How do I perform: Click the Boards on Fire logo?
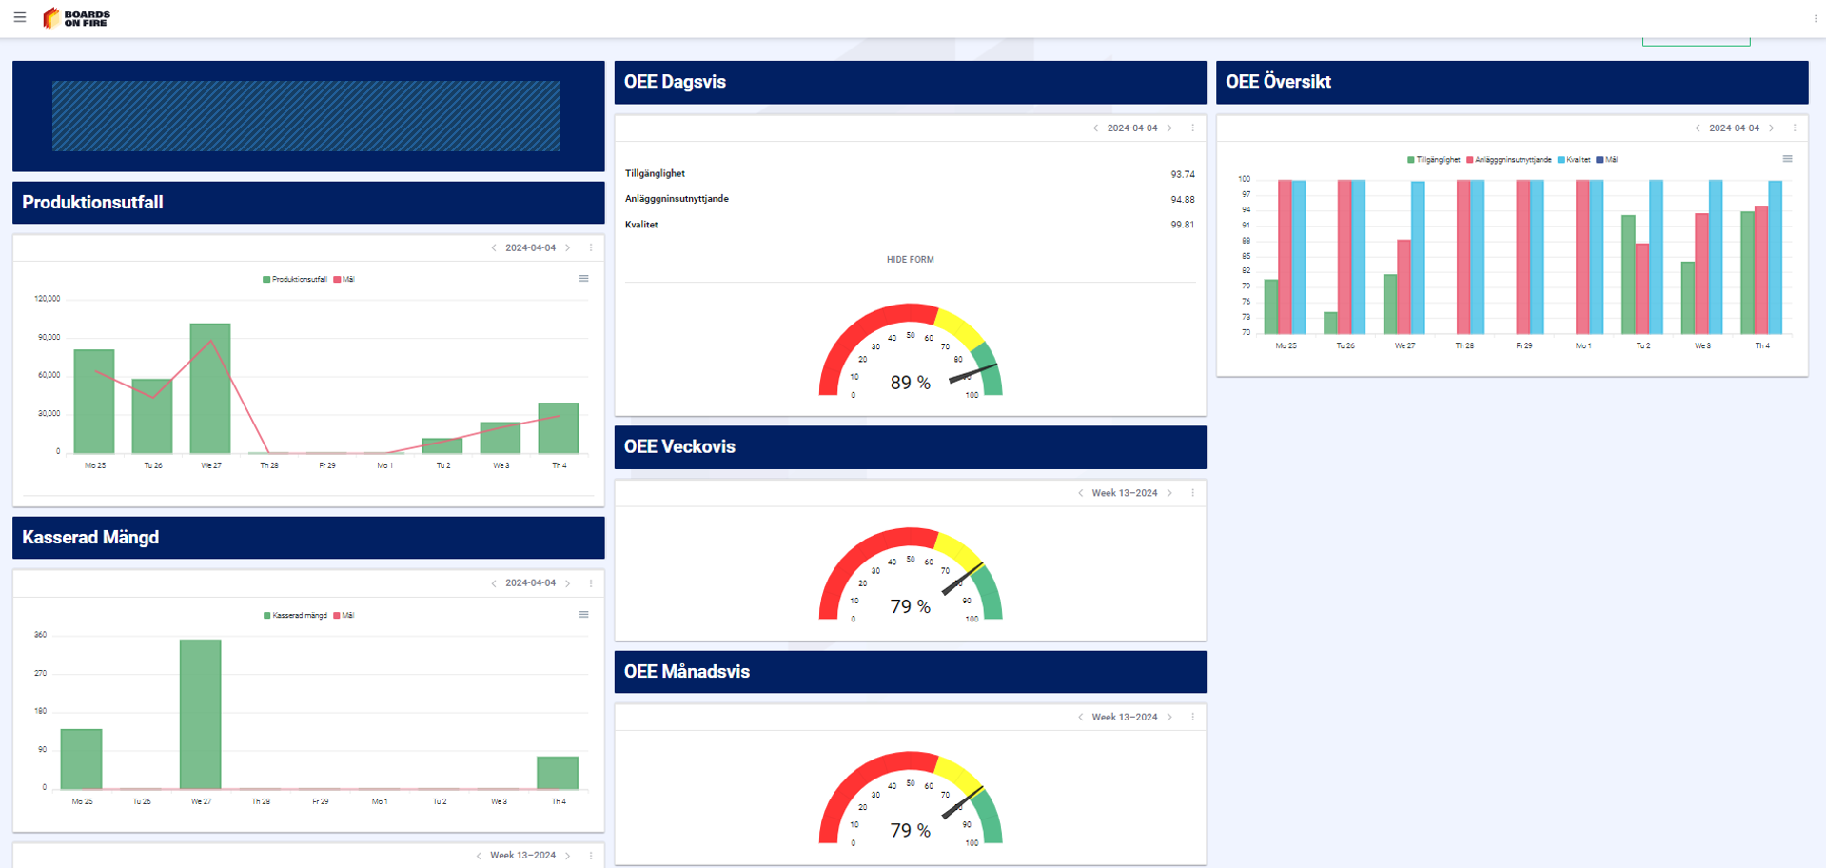(76, 18)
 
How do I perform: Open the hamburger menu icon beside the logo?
(20, 17)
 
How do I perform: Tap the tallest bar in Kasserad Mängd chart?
(201, 714)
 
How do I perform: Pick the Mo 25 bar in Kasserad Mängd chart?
(82, 759)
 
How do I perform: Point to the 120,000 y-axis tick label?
(48, 299)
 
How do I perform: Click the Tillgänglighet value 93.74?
(1182, 174)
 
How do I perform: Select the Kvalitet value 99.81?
(1182, 225)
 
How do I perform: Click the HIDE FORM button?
(910, 260)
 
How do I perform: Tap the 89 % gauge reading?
(910, 383)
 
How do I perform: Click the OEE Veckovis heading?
(679, 447)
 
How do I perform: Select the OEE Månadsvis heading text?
(687, 672)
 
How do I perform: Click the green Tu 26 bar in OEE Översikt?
(1330, 323)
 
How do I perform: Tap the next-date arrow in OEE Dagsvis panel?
(1170, 128)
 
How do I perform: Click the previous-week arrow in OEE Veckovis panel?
(1080, 493)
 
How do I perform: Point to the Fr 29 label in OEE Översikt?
(1523, 346)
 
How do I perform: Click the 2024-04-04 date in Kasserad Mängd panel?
(530, 583)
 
